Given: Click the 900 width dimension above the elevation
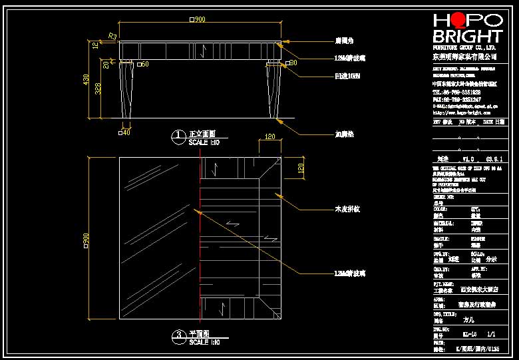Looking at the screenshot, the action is point(198,20).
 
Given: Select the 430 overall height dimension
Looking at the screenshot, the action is point(86,79).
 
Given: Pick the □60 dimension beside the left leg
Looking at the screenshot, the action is point(143,64).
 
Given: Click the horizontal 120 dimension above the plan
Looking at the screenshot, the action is point(269,136).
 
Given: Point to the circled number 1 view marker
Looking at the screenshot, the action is point(178,137).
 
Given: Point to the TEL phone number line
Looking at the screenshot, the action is point(456,92).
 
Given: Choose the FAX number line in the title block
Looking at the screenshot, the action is point(456,99).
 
